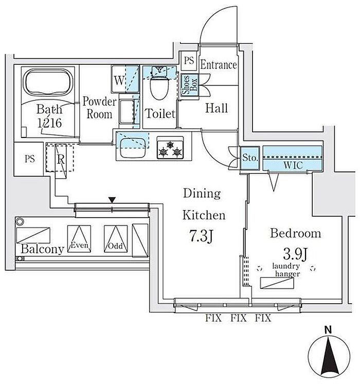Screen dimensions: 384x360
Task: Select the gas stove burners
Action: point(171,150)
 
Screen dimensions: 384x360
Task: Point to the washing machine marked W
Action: point(119,80)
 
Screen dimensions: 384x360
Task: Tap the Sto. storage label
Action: point(250,158)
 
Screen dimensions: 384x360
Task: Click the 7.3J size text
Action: point(201,237)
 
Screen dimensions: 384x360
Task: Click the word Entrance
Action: point(218,65)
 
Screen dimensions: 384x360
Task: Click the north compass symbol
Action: point(329,355)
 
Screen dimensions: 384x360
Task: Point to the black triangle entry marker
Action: point(112,200)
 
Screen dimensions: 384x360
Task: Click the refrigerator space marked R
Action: point(61,159)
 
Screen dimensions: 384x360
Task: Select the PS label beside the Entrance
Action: point(189,61)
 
